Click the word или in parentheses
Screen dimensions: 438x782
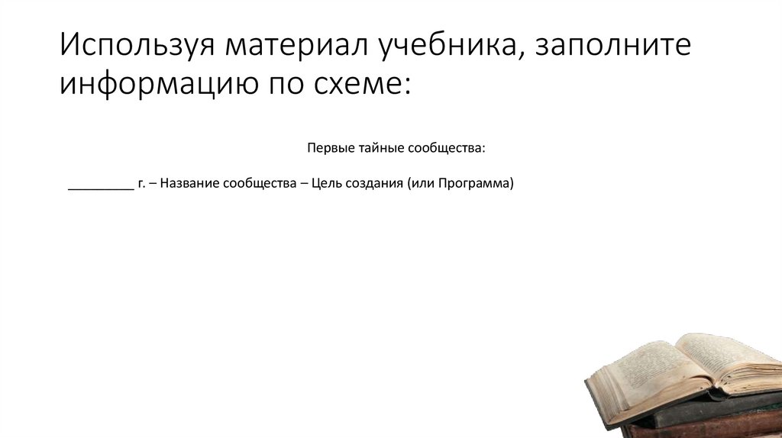tap(422, 184)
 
